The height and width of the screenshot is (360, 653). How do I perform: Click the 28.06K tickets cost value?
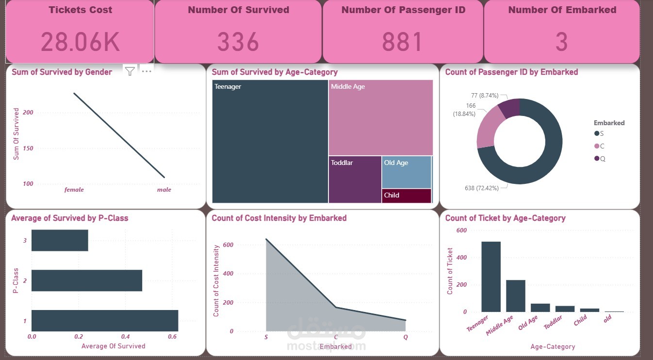(80, 42)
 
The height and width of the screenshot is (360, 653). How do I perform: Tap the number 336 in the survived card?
(238, 42)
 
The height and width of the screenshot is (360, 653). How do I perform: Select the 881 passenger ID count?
(402, 42)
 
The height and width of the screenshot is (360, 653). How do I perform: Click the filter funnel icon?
(130, 71)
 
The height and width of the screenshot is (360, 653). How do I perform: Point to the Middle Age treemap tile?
(380, 118)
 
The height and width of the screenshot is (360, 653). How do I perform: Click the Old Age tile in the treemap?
(406, 172)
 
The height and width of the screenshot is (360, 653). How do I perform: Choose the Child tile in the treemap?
(406, 196)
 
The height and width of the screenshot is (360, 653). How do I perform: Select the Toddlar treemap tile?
(355, 179)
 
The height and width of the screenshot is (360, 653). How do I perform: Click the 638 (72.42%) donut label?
(481, 188)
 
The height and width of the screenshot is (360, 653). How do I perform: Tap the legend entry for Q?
(600, 159)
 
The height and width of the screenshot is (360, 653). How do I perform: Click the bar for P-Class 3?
(60, 240)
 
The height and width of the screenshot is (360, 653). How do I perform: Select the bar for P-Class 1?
(105, 321)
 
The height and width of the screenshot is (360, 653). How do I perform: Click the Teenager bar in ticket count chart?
(491, 277)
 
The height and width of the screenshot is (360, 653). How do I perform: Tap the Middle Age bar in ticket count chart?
(515, 295)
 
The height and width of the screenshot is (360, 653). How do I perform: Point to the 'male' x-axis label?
(164, 190)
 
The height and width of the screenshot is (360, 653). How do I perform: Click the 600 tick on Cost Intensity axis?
(229, 245)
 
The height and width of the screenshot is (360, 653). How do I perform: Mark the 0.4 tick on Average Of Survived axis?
(125, 336)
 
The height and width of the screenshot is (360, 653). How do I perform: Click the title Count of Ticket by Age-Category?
(505, 218)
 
